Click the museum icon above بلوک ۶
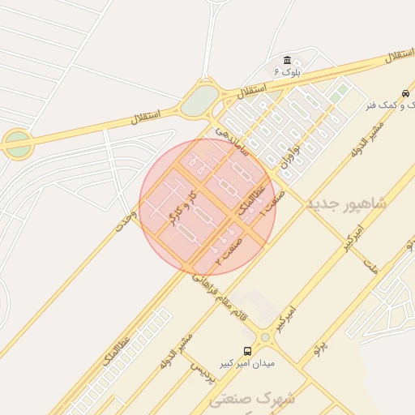[287, 61]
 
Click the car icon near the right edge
[405, 92]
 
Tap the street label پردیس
[202, 370]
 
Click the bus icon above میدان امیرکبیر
[247, 352]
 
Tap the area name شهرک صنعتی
[252, 399]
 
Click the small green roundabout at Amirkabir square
[265, 337]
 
